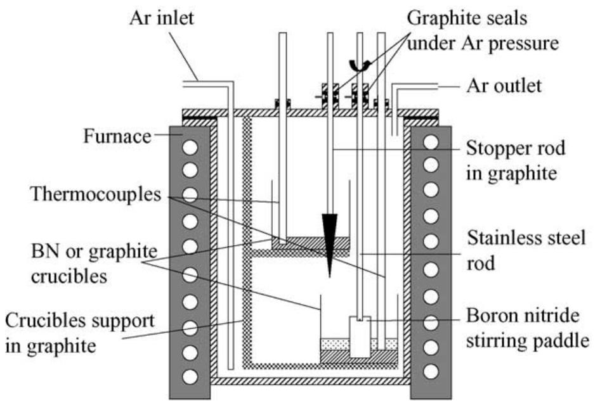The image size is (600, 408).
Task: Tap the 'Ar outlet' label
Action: click(504, 85)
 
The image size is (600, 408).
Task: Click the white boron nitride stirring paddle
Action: click(360, 337)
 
